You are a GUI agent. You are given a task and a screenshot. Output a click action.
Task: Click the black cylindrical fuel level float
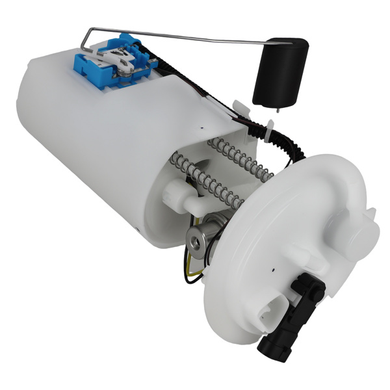[x=279, y=71]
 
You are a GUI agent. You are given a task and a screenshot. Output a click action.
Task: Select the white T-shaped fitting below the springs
[x=182, y=196]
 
